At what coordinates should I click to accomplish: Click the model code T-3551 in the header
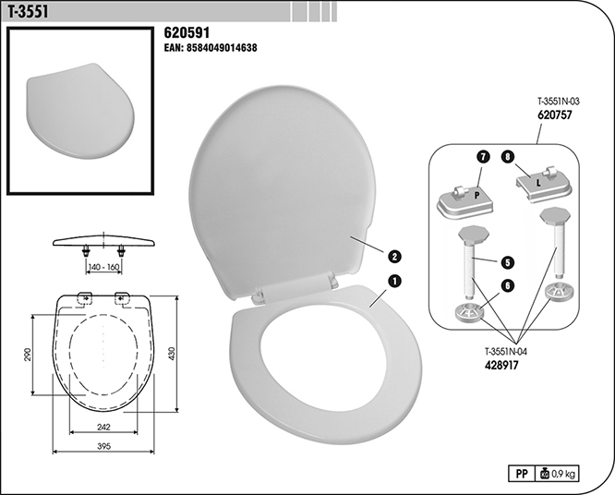click(29, 12)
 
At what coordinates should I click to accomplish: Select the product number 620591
click(187, 33)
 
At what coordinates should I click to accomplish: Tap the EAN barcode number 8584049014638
click(222, 48)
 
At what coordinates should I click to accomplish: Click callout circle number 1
click(394, 281)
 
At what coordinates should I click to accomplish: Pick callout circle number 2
click(394, 257)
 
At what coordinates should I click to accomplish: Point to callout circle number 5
click(508, 262)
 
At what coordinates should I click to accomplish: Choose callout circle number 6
click(508, 286)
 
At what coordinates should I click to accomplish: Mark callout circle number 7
click(483, 157)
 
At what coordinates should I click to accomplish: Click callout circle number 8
click(508, 157)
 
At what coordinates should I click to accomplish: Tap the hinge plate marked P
click(465, 201)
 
